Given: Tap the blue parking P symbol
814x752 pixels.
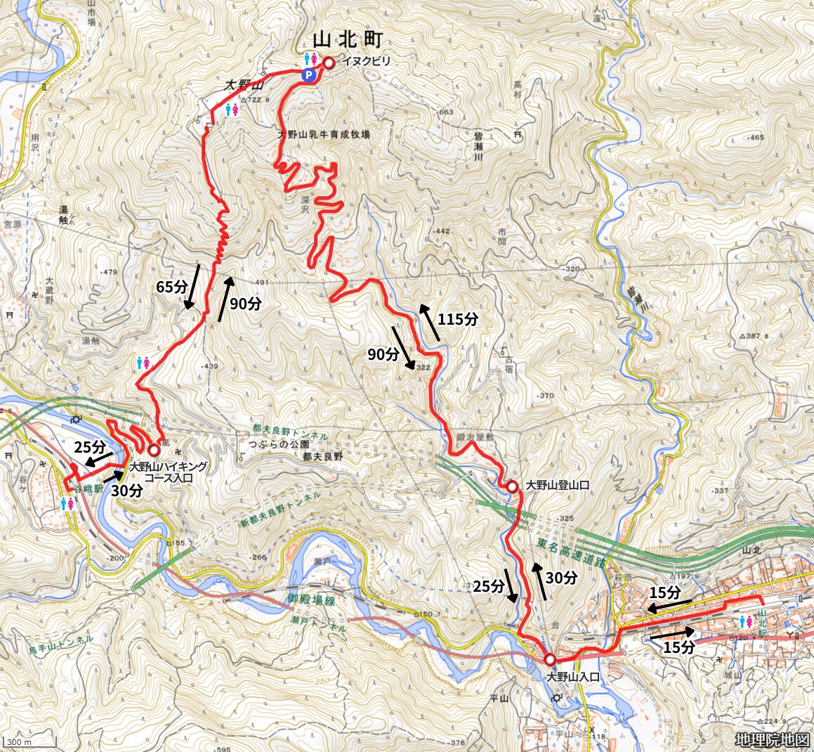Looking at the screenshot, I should (x=308, y=74).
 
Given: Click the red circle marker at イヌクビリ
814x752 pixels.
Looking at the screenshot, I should (x=328, y=63).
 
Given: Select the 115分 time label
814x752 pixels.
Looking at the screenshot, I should (x=458, y=319).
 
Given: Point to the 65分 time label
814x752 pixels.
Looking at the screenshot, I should (x=172, y=287).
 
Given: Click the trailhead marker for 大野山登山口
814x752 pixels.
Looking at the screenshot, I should (x=512, y=486).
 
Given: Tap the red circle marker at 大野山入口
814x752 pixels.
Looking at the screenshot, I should (x=549, y=659).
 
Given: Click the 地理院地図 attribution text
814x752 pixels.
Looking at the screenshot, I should (x=772, y=739).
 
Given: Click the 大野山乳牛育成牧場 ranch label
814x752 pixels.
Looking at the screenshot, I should (x=324, y=134).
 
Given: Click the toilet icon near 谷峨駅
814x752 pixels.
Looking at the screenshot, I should (x=67, y=504).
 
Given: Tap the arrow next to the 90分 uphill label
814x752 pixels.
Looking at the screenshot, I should (x=225, y=299).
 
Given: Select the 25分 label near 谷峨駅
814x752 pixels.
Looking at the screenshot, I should (x=90, y=447).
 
